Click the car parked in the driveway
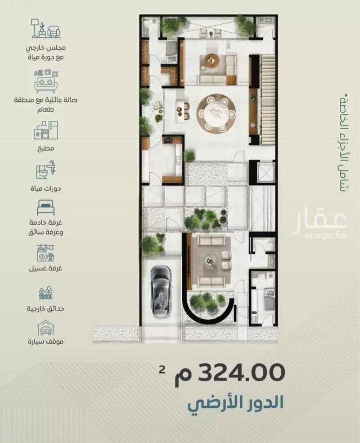pos(161,291)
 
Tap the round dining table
pos(216,113)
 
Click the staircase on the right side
pos(267,99)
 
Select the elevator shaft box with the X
pos(265,172)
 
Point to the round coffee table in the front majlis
pos(211,261)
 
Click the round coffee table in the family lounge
pos(212,60)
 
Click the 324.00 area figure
pos(242,372)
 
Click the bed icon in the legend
pos(45,208)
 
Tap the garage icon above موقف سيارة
pos(45,328)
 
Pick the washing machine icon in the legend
pos(45,253)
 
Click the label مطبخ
pos(45,148)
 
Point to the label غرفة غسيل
pos(45,268)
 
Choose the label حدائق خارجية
pos(45,309)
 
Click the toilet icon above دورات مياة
pos(45,170)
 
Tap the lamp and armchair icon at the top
pos(45,28)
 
